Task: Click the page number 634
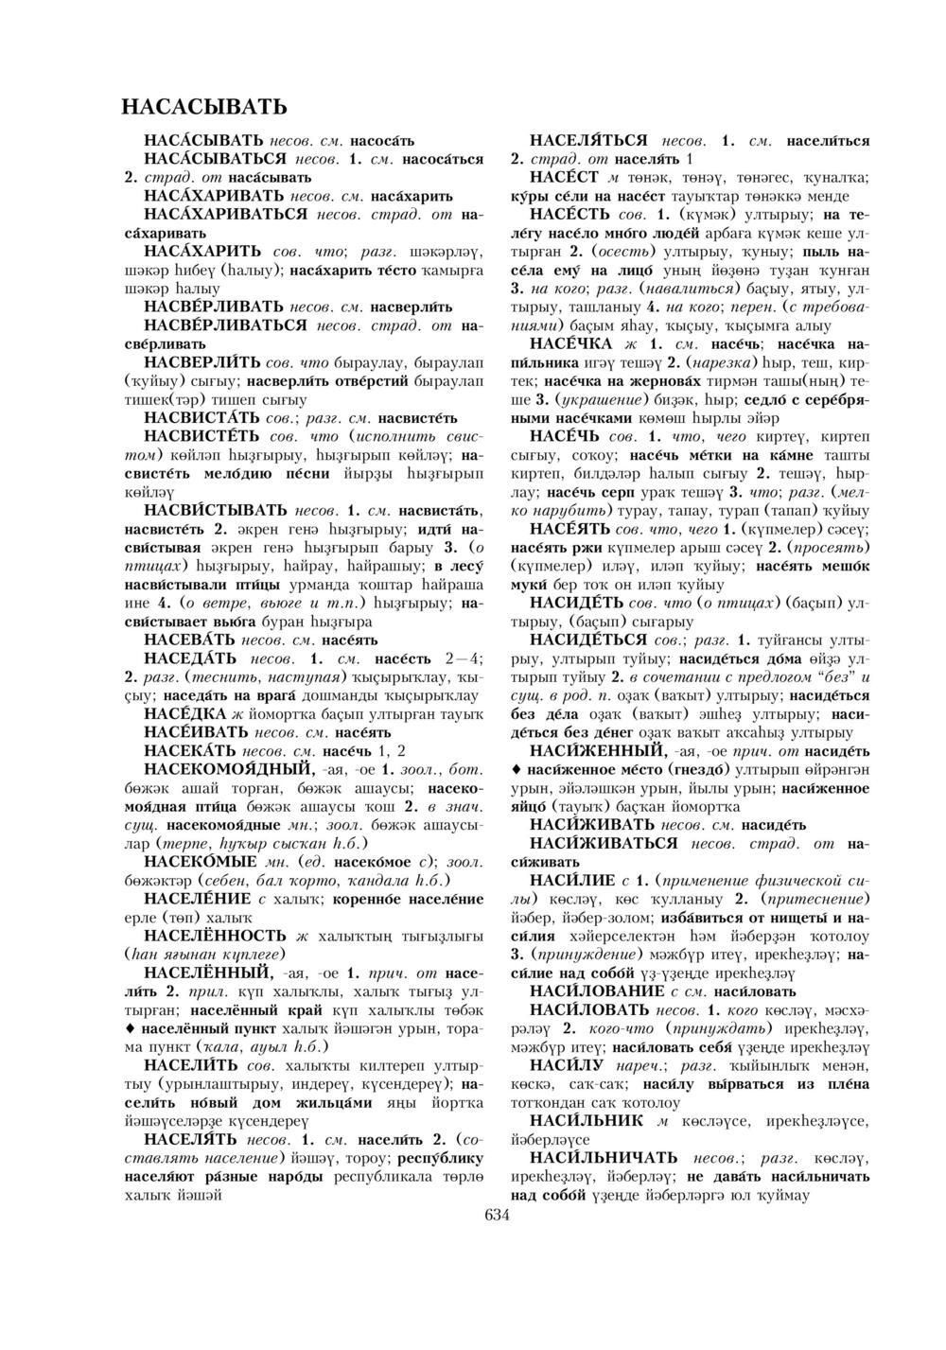point(497,1216)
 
